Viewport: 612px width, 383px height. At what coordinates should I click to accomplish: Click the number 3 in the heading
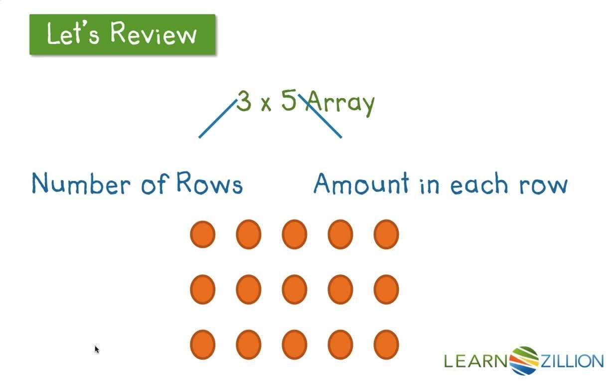point(243,101)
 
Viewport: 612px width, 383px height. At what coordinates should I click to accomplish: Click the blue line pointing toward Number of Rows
point(217,119)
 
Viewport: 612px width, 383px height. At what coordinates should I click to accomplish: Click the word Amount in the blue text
point(361,184)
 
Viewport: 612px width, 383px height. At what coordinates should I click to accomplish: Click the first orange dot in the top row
point(203,234)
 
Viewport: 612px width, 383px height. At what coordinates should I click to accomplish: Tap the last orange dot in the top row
point(386,234)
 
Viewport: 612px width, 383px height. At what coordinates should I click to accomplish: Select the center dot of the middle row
point(295,289)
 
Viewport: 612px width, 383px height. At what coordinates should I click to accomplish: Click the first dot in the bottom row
point(203,345)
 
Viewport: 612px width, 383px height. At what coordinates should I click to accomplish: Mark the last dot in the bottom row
point(386,345)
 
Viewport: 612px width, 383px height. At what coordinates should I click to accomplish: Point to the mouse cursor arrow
point(97,349)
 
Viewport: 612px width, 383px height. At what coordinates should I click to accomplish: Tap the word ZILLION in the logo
point(571,361)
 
